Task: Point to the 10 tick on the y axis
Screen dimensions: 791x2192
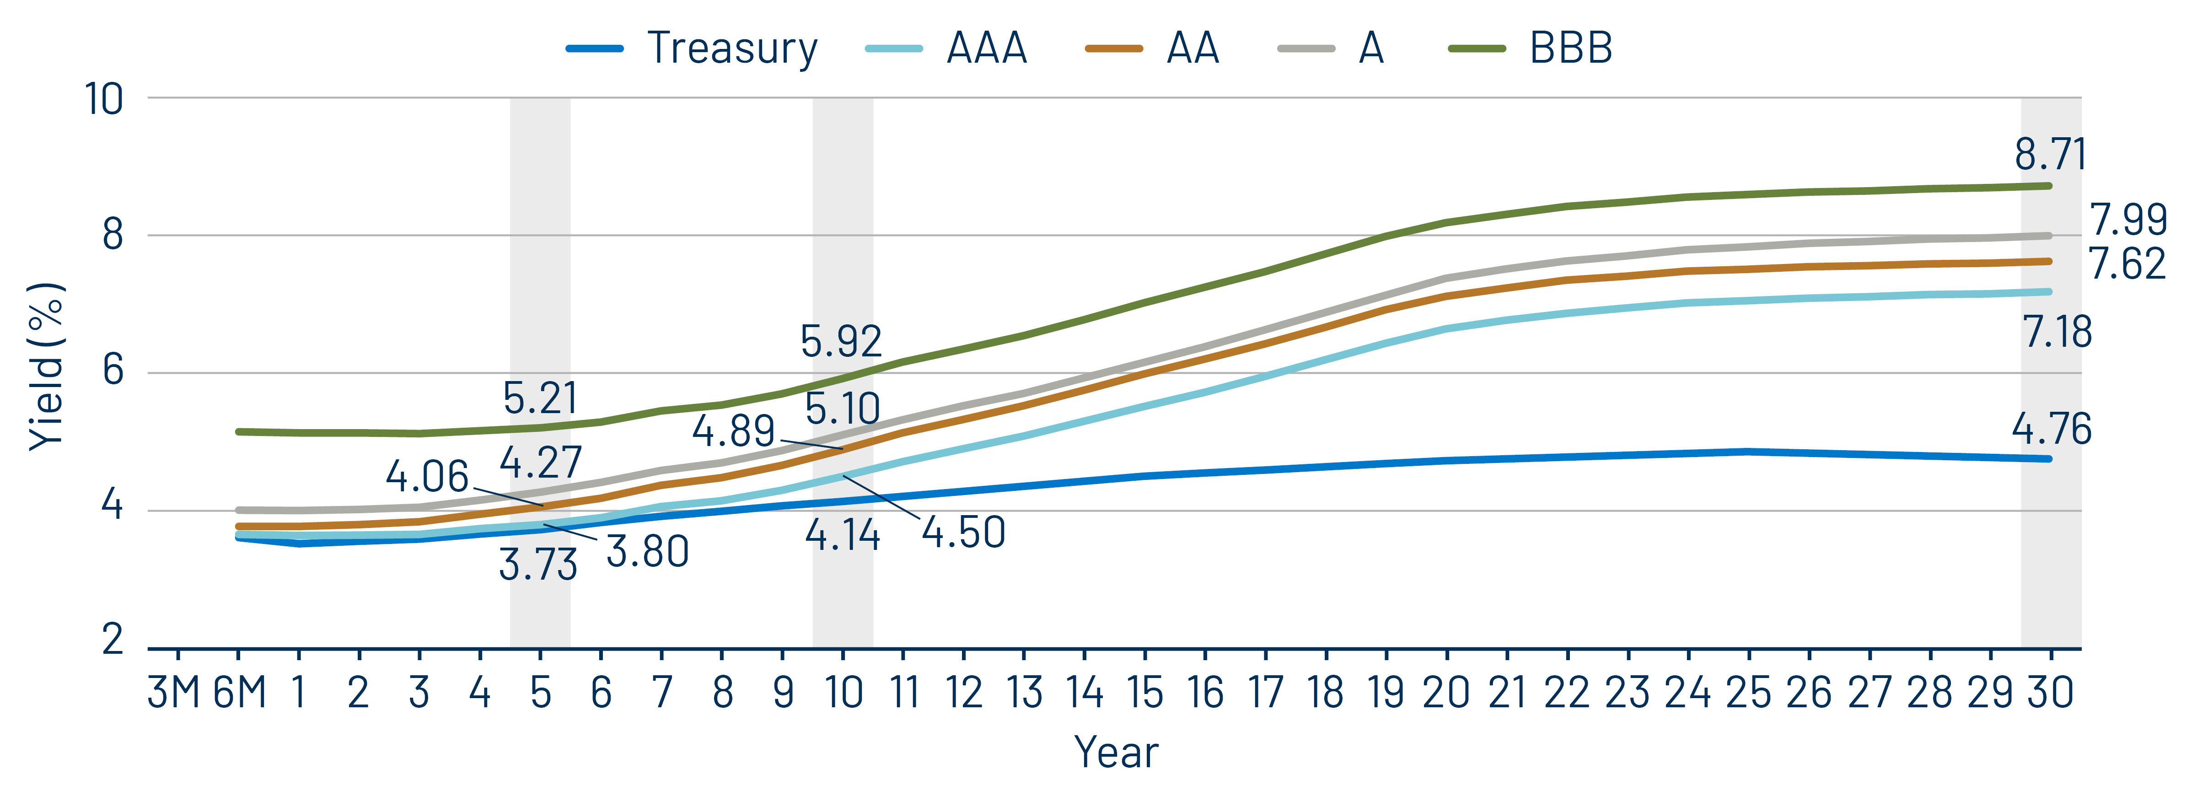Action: (104, 100)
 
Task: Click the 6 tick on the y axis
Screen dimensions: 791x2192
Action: (113, 371)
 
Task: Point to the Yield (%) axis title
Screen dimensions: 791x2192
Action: (47, 366)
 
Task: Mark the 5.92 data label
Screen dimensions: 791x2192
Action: (841, 341)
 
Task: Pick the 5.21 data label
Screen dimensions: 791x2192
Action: (540, 398)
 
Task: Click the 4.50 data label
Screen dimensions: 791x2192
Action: (963, 533)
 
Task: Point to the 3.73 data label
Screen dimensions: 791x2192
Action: (538, 565)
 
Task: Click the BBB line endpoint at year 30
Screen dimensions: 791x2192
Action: (2049, 186)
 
